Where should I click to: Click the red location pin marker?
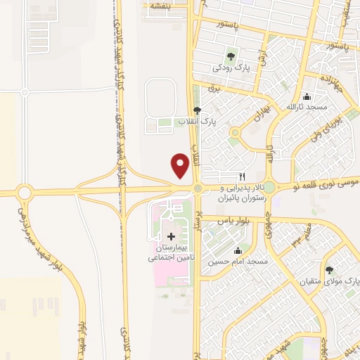tap(180, 165)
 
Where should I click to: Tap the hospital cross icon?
tap(171, 236)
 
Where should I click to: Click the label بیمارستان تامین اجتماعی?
tap(171, 253)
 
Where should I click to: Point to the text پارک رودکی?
tap(232, 68)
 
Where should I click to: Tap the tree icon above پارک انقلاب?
tap(197, 110)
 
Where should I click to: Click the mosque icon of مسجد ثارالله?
tap(306, 96)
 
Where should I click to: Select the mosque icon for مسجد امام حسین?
tap(238, 251)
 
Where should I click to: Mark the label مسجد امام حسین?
tap(238, 262)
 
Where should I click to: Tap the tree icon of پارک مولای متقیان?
tap(329, 270)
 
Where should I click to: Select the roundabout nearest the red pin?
tap(198, 188)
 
